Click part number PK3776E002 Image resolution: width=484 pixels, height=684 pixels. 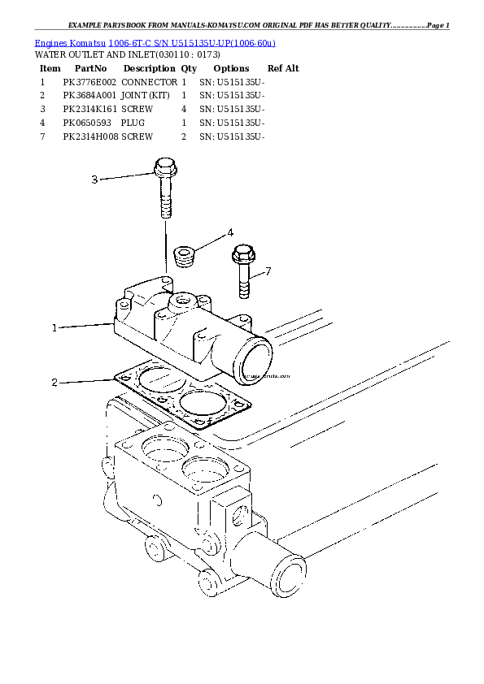pyautogui.click(x=89, y=82)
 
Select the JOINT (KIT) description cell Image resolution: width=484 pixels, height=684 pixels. pyautogui.click(x=145, y=95)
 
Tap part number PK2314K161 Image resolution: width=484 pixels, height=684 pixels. pyautogui.click(x=89, y=108)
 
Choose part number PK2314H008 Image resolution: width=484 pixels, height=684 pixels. pyautogui.click(x=91, y=137)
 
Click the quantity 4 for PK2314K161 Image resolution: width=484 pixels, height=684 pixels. pyautogui.click(x=185, y=108)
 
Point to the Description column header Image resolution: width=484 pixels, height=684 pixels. pyautogui.click(x=149, y=68)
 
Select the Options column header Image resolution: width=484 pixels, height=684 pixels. pyautogui.click(x=232, y=68)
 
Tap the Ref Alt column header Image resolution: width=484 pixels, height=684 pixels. pyautogui.click(x=283, y=68)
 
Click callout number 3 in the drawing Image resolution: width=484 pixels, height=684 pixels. pyautogui.click(x=94, y=180)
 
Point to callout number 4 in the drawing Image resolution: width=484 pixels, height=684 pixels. pyautogui.click(x=230, y=232)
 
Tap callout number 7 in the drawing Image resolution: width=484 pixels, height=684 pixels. pyautogui.click(x=268, y=271)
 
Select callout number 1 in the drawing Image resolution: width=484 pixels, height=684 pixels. pyautogui.click(x=55, y=328)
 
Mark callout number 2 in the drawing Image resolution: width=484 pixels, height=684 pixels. pyautogui.click(x=55, y=382)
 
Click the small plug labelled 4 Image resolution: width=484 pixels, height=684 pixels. pyautogui.click(x=186, y=256)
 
